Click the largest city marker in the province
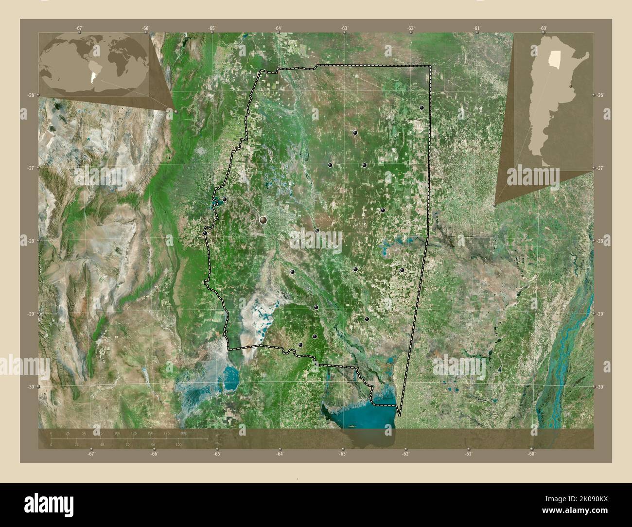click(x=263, y=221)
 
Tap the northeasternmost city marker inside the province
click(x=421, y=107)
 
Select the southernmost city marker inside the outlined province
click(x=300, y=345)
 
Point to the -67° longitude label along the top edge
click(x=79, y=29)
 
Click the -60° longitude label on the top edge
click(x=544, y=29)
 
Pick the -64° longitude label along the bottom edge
click(x=280, y=454)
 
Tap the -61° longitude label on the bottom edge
click(x=468, y=454)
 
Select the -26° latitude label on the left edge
click(x=30, y=95)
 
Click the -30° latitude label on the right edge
click(x=601, y=387)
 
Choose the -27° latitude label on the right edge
click(x=601, y=168)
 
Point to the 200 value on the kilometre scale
click(x=183, y=433)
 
